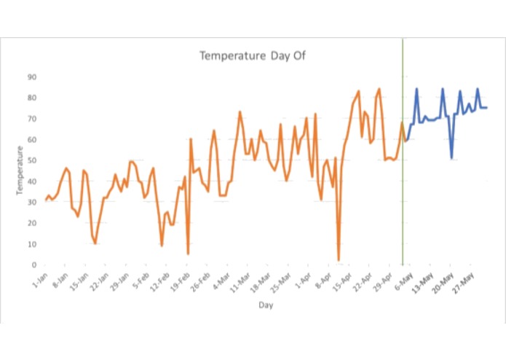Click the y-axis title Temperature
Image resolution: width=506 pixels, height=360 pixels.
coord(20,171)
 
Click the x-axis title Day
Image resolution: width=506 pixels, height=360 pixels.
coord(265,305)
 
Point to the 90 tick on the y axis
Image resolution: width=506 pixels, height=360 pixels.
coord(33,77)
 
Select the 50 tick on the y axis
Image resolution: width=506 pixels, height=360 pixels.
coord(33,160)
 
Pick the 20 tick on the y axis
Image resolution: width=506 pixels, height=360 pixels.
coord(33,223)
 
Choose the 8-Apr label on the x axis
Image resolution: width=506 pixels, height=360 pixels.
coord(323,280)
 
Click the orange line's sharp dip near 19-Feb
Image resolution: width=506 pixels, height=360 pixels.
coord(188,254)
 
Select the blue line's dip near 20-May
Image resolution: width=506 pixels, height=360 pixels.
coord(451,158)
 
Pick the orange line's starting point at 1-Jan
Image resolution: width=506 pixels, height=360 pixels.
coord(45,200)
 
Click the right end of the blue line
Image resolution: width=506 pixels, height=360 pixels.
coord(486,108)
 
